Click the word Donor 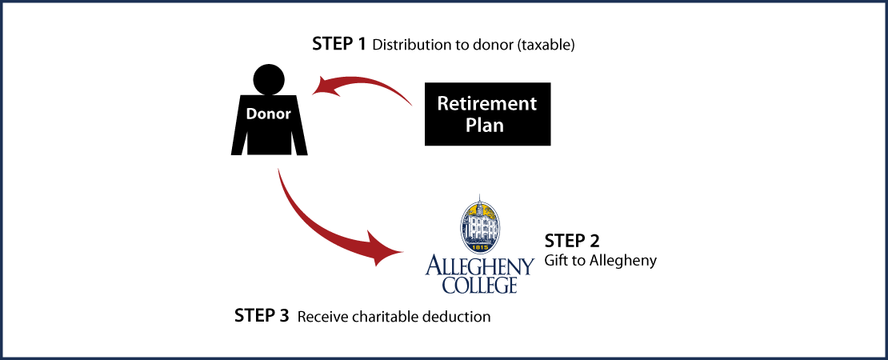tap(268, 114)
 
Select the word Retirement tap(486, 104)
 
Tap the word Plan tap(485, 126)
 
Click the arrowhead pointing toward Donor tap(324, 86)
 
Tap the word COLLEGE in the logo tap(479, 285)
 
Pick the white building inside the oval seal tap(479, 228)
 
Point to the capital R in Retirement tap(442, 104)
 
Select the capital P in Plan tap(470, 126)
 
